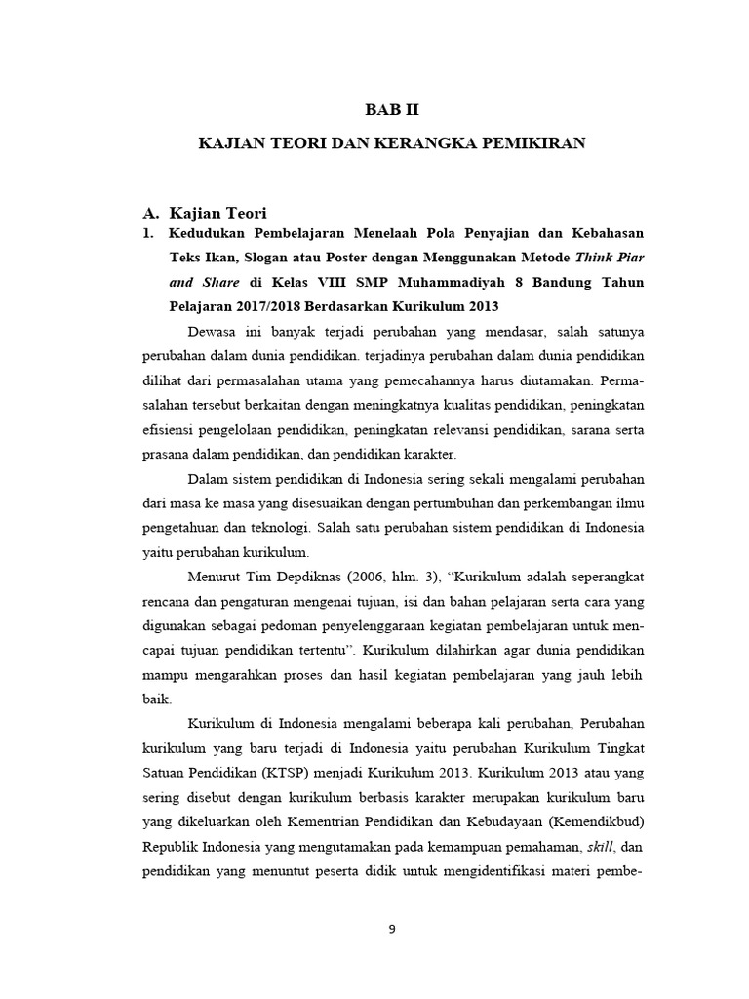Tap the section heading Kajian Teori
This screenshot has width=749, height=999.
pyautogui.click(x=217, y=213)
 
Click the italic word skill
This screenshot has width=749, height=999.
pyautogui.click(x=597, y=845)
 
